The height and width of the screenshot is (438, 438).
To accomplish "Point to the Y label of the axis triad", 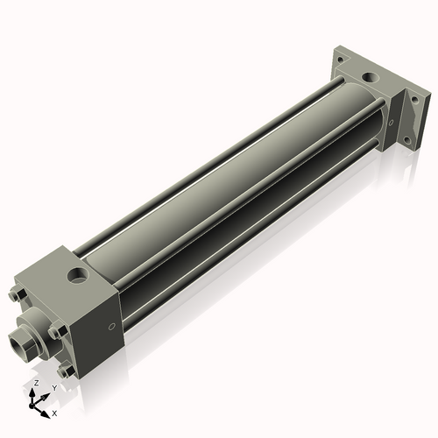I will click(54, 387).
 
